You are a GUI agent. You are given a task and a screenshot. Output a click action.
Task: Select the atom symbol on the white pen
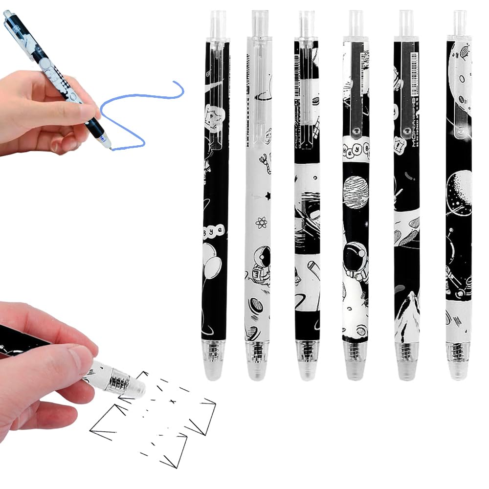coord(261,223)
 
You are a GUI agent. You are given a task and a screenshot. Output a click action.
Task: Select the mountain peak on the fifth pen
coord(407,313)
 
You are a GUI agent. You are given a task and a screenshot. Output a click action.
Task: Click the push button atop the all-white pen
coord(260,22)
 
